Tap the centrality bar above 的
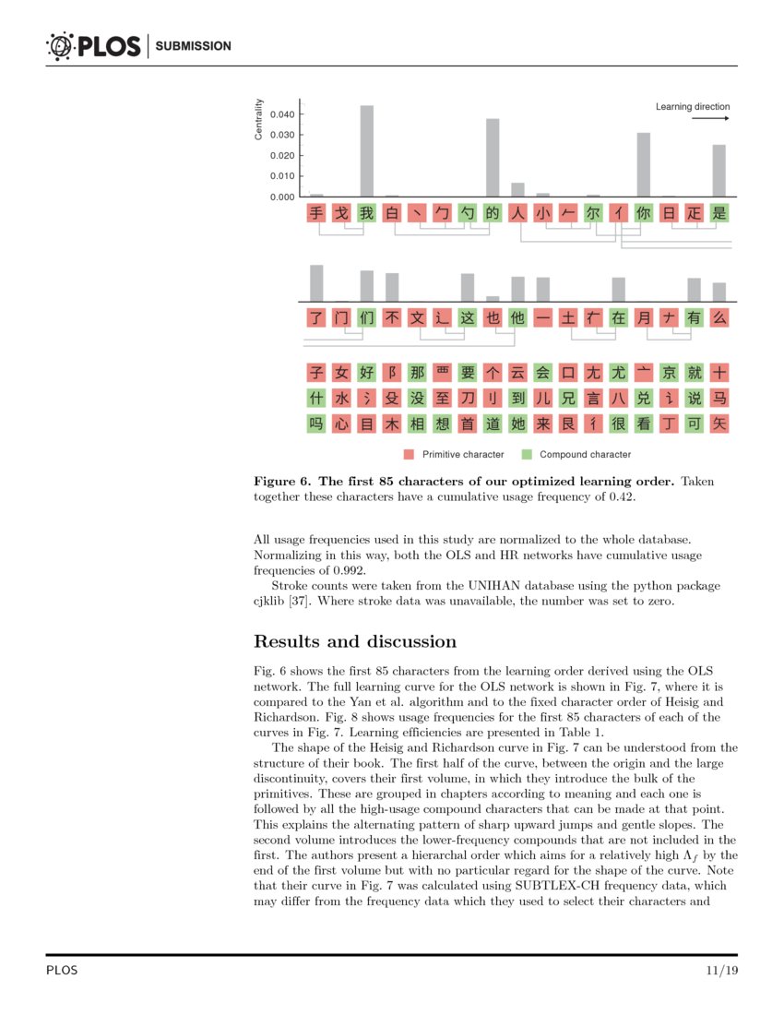click(493, 157)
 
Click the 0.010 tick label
click(282, 176)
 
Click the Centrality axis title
click(259, 119)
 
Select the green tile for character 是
click(719, 213)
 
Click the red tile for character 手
click(316, 213)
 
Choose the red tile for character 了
click(316, 317)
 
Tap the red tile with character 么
click(719, 317)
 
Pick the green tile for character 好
click(366, 373)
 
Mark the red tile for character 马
click(719, 399)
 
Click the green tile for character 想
click(442, 424)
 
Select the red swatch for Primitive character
click(409, 454)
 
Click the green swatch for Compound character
click(527, 454)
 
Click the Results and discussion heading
click(354, 641)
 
